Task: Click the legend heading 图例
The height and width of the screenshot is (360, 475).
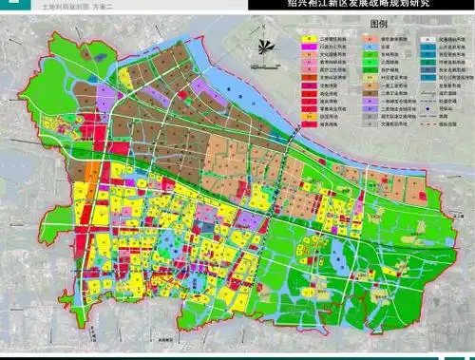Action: [x=378, y=21]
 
